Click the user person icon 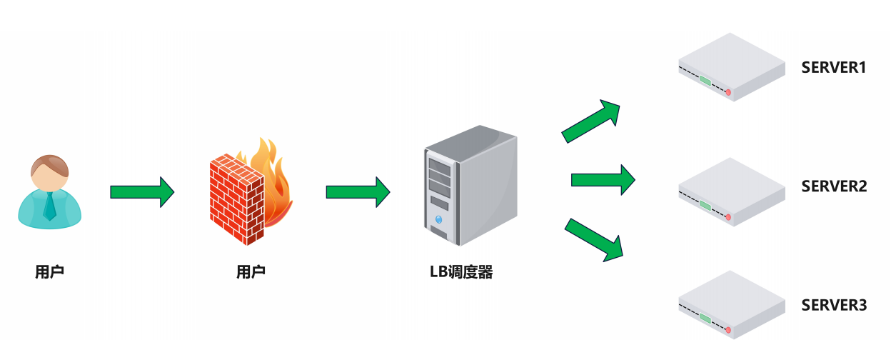point(49,191)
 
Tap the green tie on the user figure point(49,206)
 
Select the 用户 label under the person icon point(49,272)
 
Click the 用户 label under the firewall point(251,272)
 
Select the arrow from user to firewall point(142,192)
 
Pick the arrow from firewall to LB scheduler point(358,192)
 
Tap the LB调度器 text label point(461,272)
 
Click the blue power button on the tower point(438,219)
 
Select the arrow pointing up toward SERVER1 point(591,121)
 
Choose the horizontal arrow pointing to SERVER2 point(603,180)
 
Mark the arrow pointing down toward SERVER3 point(594,239)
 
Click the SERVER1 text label point(833,69)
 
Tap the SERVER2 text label point(833,186)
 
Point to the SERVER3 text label point(833,306)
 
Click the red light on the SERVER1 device point(728,93)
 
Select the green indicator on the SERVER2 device point(705,205)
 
